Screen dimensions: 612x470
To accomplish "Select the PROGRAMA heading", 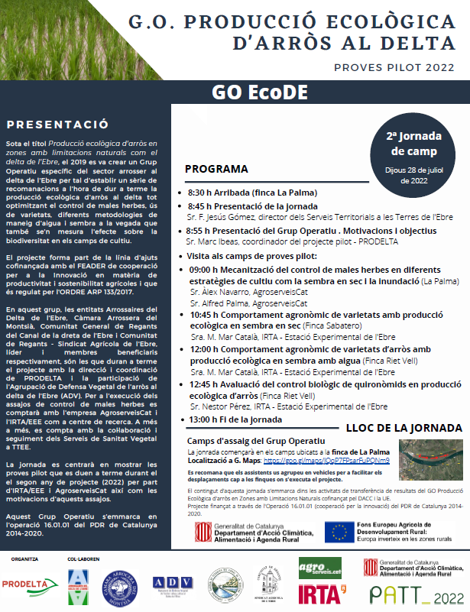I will pyautogui.click(x=217, y=169).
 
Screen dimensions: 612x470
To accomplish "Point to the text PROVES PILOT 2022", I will pyautogui.click(x=394, y=67).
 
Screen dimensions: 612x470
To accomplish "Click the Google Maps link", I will pyautogui.click(x=326, y=461).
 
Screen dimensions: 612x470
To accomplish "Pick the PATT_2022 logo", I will pyautogui.click(x=416, y=593).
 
